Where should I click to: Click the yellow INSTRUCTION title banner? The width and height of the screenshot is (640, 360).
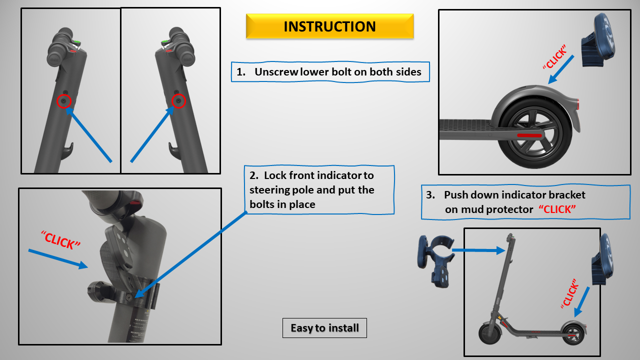329,26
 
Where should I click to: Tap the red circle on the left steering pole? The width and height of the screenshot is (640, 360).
63,101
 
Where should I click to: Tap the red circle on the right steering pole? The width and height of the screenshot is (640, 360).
178,101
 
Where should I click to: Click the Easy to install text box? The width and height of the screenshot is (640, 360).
324,328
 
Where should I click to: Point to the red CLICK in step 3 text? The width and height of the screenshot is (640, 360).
557,209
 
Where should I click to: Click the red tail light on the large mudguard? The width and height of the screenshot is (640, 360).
578,104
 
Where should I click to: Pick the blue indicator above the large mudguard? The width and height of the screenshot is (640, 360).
598,40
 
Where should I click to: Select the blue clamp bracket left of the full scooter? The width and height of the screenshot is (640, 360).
435,260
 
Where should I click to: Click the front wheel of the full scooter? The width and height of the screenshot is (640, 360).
489,333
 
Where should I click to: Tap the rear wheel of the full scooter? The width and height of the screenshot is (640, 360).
573,334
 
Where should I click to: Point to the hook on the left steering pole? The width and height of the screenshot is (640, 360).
67,151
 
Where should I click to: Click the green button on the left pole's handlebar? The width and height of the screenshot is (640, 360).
76,43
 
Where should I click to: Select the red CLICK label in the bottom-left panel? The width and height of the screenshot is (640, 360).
60,240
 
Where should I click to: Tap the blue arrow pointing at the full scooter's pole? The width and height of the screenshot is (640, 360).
478,250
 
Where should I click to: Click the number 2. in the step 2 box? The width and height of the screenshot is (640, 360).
254,175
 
